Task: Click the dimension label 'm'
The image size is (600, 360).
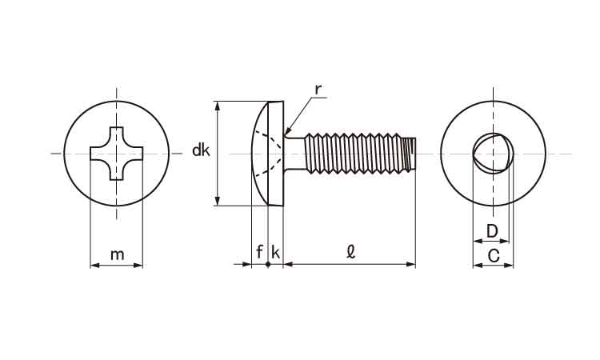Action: click(x=117, y=254)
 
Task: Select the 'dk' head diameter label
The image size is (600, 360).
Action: click(x=201, y=150)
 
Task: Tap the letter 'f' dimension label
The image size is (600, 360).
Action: click(x=259, y=252)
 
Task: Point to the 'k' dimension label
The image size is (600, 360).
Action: click(x=275, y=252)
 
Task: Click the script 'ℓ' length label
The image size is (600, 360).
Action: click(x=350, y=251)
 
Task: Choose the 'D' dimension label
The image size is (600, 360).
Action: click(x=493, y=232)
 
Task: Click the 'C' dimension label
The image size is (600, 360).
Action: click(x=494, y=256)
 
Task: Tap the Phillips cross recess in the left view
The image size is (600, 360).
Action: click(x=117, y=153)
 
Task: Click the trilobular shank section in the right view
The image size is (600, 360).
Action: click(x=490, y=153)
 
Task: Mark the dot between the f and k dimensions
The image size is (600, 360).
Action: click(x=267, y=263)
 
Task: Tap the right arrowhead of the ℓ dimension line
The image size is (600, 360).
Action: click(x=413, y=263)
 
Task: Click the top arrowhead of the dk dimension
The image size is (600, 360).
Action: click(x=218, y=104)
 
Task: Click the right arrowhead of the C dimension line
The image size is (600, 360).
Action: click(x=510, y=265)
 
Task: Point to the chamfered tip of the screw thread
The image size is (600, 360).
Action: click(x=413, y=153)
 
